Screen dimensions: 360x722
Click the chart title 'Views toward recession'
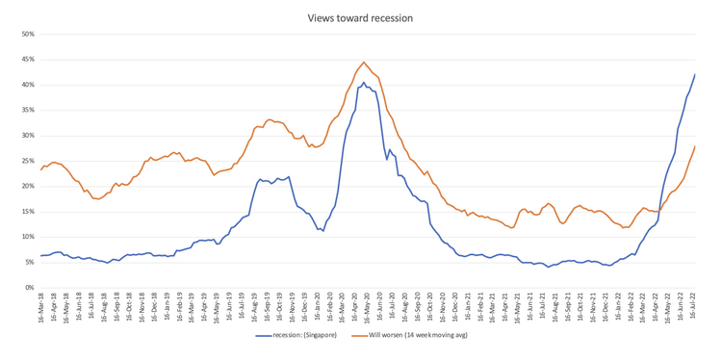[360, 17]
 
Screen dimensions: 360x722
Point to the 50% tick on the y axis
[27, 35]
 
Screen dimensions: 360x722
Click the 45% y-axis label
[27, 60]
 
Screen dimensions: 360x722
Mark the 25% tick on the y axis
[27, 161]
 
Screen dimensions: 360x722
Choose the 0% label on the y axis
[29, 288]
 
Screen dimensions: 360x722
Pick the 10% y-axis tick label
[27, 237]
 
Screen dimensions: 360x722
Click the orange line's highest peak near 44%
[364, 63]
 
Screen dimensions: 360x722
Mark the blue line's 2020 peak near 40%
[363, 83]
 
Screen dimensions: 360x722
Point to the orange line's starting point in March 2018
[40, 169]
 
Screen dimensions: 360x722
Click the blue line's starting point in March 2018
[40, 255]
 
